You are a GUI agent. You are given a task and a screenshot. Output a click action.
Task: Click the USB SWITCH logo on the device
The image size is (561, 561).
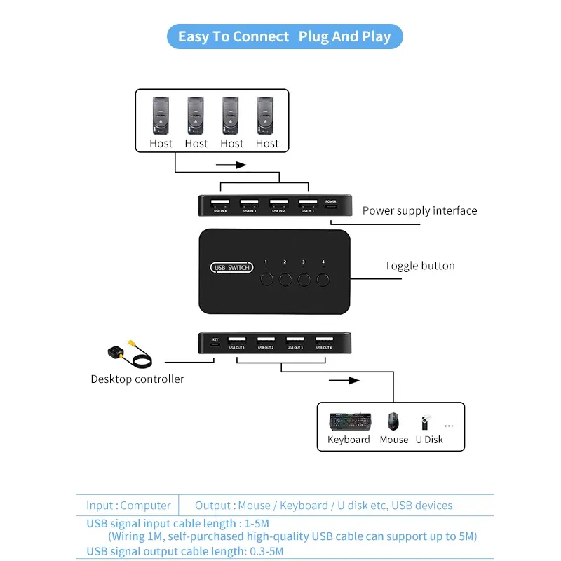click(x=231, y=267)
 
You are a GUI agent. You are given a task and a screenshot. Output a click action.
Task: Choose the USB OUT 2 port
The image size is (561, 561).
click(x=266, y=341)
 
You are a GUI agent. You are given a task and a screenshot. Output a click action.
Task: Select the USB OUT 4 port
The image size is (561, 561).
click(x=324, y=341)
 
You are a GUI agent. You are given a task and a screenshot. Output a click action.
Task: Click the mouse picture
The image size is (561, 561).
click(x=393, y=421)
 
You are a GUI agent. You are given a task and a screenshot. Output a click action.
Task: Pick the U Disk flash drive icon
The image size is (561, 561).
click(x=424, y=423)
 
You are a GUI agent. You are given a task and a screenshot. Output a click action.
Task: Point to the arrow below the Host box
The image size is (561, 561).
click(x=231, y=165)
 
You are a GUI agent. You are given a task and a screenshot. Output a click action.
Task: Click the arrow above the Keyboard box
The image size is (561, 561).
click(x=343, y=381)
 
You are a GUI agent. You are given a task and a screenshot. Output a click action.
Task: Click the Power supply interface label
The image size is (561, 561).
click(x=419, y=210)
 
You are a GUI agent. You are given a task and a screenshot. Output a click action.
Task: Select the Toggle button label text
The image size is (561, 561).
click(x=419, y=266)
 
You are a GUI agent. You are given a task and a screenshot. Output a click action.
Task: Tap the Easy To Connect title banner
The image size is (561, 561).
click(x=285, y=36)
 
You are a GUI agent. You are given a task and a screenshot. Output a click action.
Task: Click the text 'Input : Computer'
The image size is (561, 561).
click(x=128, y=505)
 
